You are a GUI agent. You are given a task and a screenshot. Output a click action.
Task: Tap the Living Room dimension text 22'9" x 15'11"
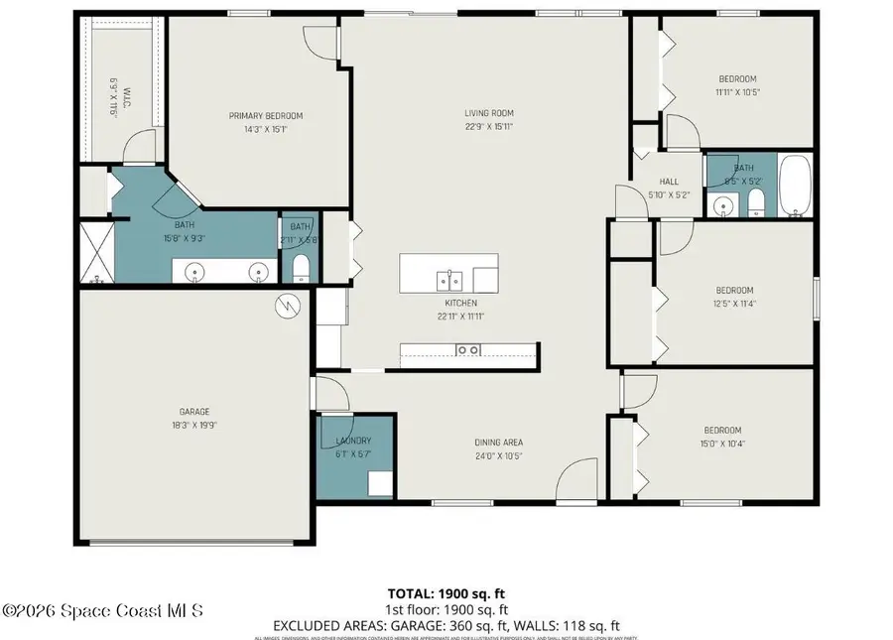coord(489,126)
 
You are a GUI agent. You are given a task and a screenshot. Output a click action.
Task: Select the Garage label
coord(194,412)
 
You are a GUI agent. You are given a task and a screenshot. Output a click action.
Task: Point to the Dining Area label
coord(499,443)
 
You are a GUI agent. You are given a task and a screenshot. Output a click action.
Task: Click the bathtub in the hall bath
coord(796,186)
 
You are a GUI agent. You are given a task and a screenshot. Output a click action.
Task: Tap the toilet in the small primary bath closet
coord(301,267)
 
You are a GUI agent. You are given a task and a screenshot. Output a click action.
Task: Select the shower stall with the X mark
coord(96,253)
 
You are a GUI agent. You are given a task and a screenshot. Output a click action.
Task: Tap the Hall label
coord(669,182)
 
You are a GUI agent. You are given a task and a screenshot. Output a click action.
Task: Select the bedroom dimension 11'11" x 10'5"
coord(737,92)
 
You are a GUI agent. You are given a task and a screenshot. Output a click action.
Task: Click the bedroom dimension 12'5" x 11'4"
coord(734,304)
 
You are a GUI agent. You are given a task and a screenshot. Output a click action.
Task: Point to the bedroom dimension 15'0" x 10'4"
coord(722,444)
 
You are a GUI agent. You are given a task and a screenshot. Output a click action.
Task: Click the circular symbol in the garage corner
coord(290,306)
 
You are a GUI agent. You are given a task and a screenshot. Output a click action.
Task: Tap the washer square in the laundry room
coord(378,483)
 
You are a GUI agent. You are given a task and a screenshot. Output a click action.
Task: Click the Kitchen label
coord(460,303)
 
